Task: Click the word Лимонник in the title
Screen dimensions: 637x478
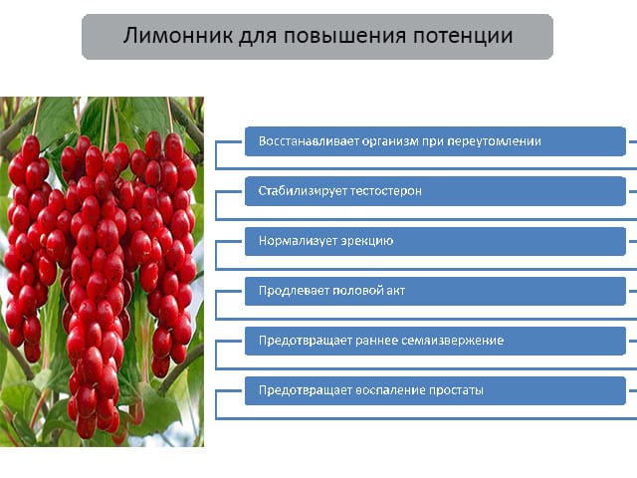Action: coord(178,36)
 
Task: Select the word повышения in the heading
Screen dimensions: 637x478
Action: coord(344,36)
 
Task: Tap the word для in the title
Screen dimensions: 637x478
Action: coord(259,37)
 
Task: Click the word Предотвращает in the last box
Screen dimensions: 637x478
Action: coord(306,390)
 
